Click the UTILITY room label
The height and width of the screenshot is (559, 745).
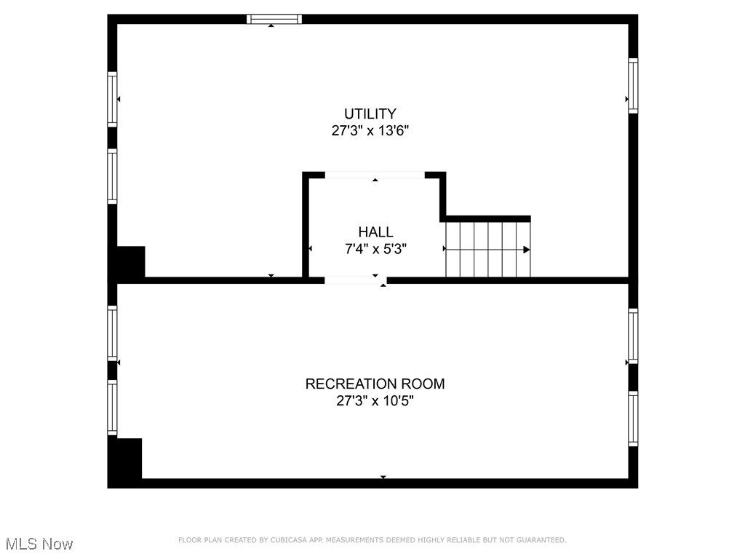[x=370, y=114]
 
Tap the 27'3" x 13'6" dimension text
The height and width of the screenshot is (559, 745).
[x=370, y=131]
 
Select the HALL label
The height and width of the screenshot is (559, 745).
[x=375, y=232]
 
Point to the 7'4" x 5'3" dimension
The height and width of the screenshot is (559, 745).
[x=375, y=249]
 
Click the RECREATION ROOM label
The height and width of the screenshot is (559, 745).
[x=375, y=384]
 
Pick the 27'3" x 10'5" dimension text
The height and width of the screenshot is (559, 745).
[x=375, y=400]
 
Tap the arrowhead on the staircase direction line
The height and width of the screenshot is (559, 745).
[x=526, y=250]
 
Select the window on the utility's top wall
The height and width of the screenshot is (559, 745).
[x=274, y=19]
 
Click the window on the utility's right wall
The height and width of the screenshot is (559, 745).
[x=633, y=86]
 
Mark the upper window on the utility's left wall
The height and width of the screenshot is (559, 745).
[x=112, y=99]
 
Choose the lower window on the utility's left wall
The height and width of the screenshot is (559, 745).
[x=112, y=175]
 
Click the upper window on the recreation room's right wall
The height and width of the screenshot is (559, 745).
[x=633, y=336]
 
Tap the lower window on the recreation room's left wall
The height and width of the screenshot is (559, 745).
[x=112, y=408]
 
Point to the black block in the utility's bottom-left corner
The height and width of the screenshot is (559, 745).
[x=131, y=262]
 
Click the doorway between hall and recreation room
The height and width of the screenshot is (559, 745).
[x=355, y=279]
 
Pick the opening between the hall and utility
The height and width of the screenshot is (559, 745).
[x=375, y=175]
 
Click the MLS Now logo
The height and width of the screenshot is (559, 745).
[x=39, y=544]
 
